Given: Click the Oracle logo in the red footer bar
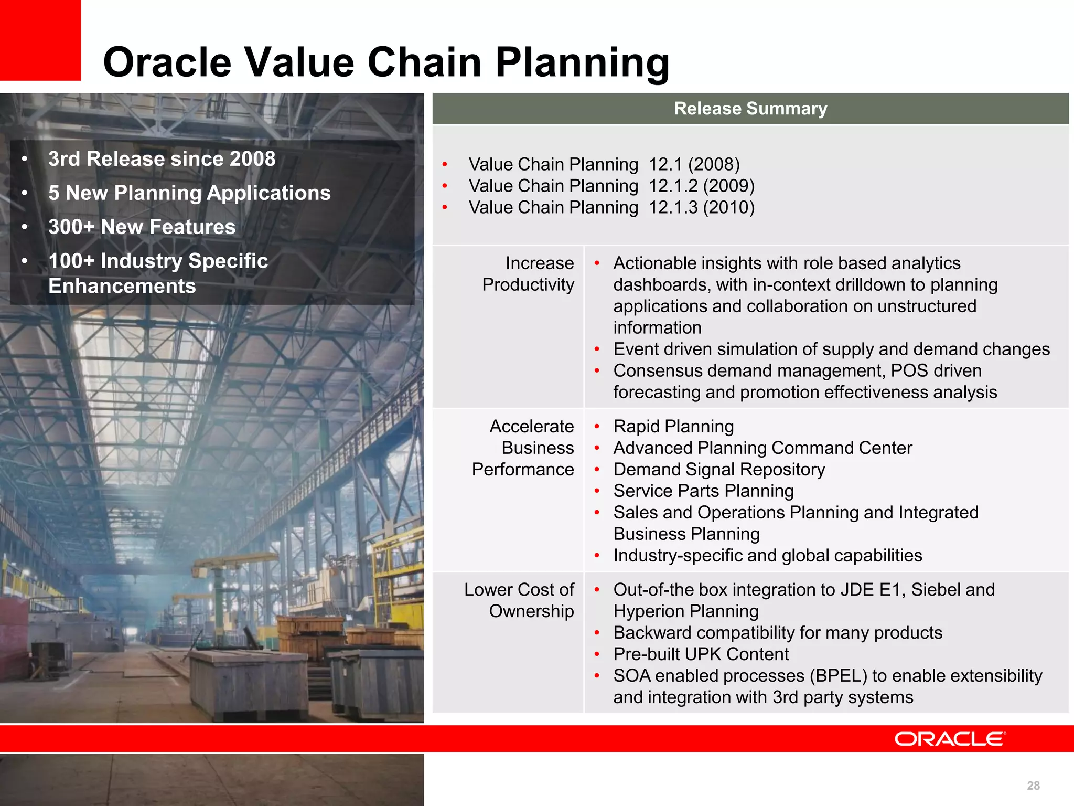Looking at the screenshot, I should click(x=950, y=739).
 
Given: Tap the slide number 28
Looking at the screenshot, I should click(x=1033, y=786).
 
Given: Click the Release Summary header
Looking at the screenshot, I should click(x=750, y=109).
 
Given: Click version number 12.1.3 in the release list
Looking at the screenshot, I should click(x=673, y=207).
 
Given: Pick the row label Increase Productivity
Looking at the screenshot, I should click(x=528, y=274).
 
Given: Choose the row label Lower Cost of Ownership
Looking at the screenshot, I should click(x=519, y=600).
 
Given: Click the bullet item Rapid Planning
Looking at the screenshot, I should click(x=673, y=427).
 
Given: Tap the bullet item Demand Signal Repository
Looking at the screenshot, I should click(x=719, y=470).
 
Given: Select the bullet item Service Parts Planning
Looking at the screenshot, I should click(x=703, y=491).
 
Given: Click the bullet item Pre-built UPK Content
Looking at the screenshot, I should click(x=701, y=654).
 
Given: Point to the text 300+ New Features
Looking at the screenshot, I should click(x=142, y=227).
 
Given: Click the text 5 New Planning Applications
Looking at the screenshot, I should click(x=189, y=193).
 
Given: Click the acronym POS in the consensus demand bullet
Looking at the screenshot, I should click(x=909, y=371).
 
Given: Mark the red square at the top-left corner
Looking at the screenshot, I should click(x=40, y=40).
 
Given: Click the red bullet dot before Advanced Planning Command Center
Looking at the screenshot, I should click(x=597, y=449).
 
